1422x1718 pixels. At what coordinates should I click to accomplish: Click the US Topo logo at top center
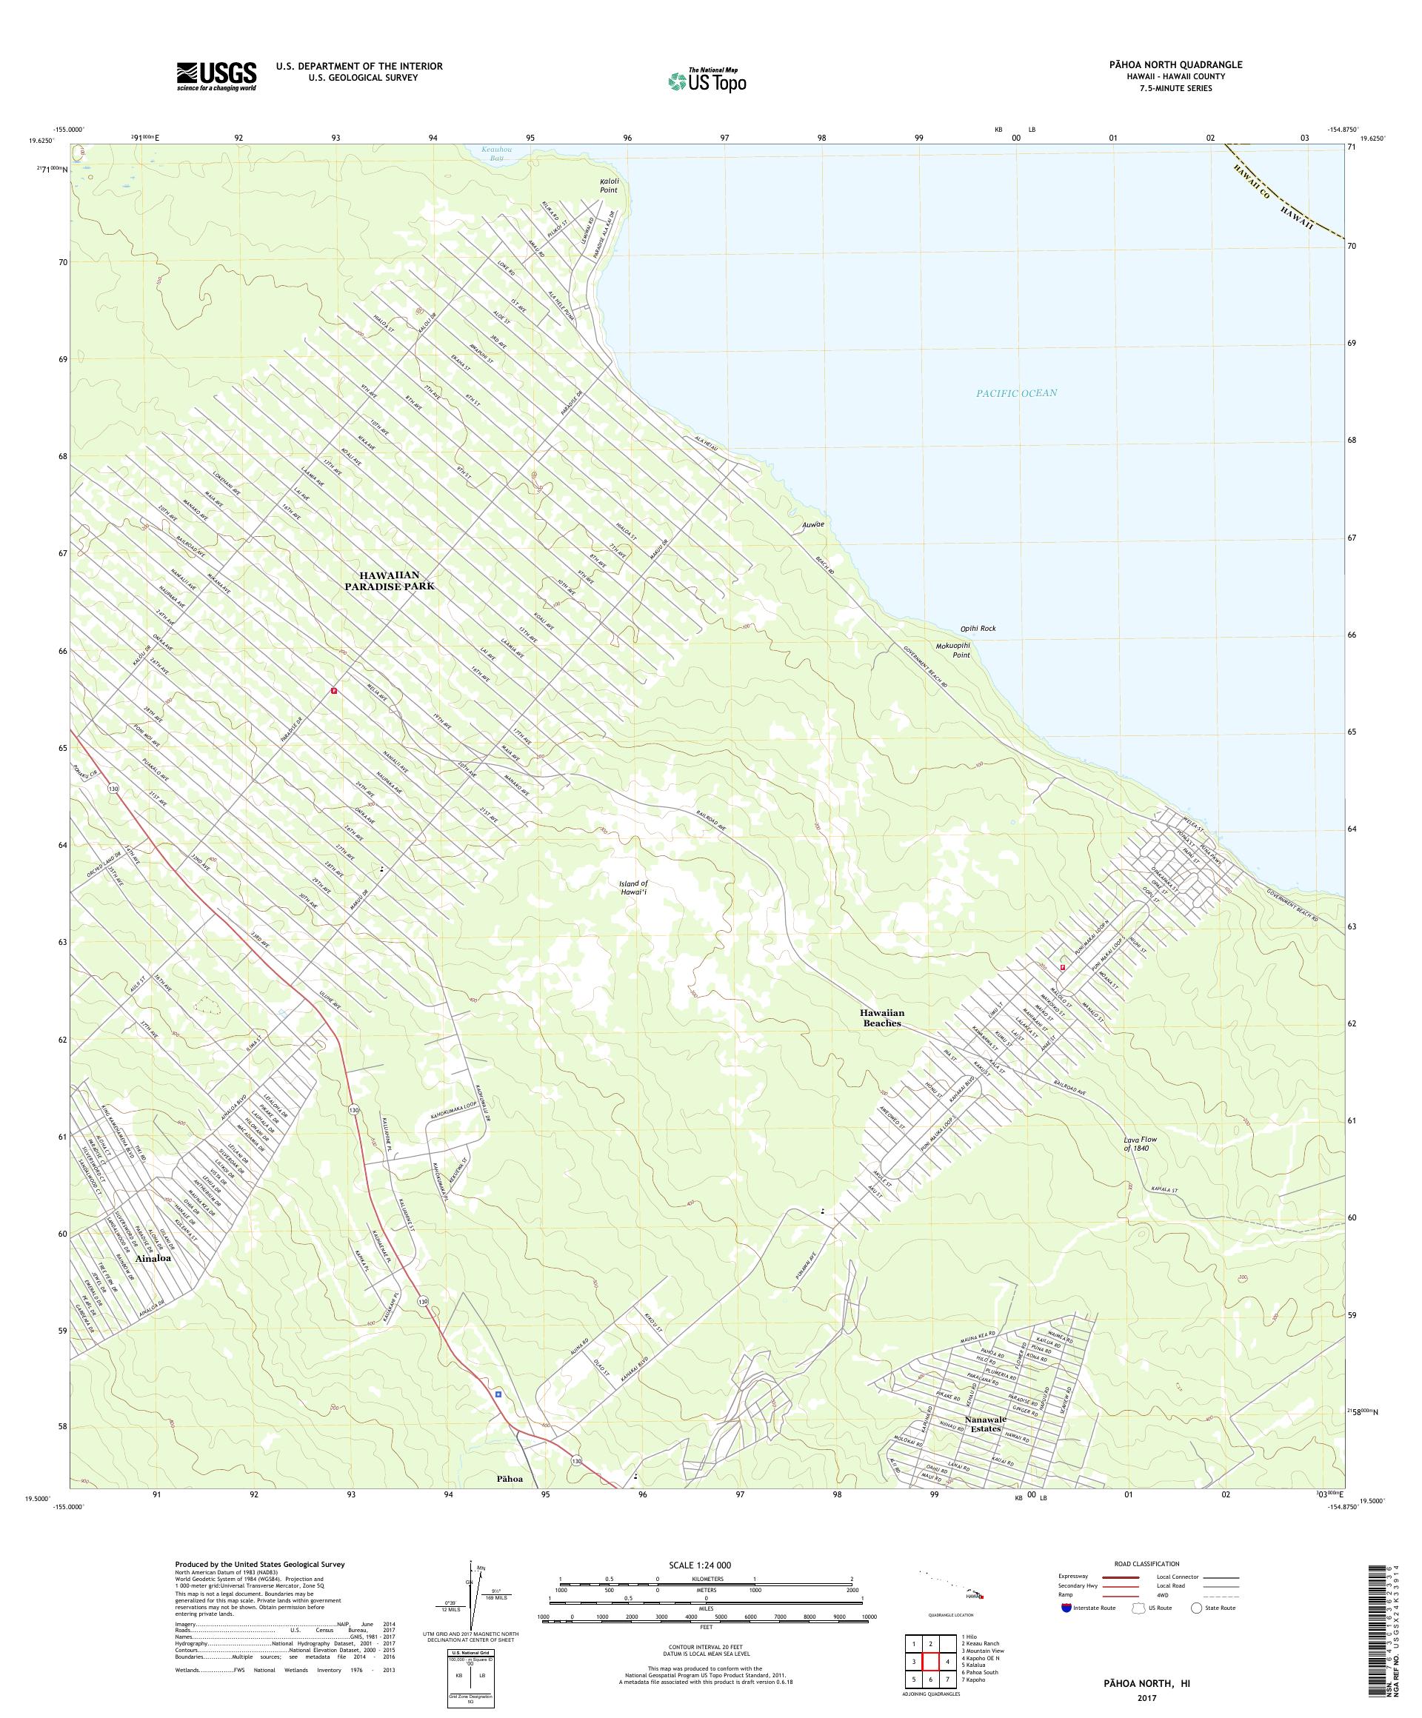(x=708, y=80)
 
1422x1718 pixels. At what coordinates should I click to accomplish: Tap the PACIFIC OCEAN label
(x=1016, y=392)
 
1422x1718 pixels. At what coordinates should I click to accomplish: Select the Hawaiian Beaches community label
(x=882, y=1017)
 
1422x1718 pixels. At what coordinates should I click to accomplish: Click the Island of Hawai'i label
(x=633, y=888)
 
